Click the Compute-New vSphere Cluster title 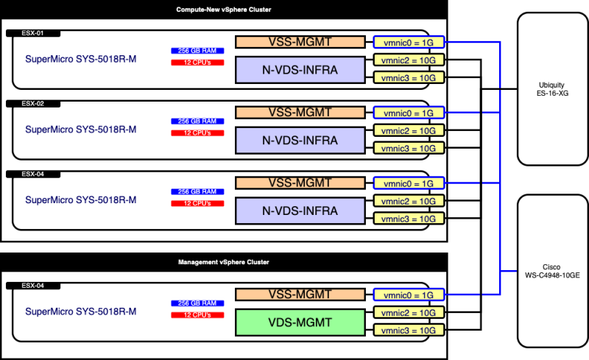(x=224, y=10)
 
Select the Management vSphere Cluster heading (x=224, y=262)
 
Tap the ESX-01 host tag (x=32, y=33)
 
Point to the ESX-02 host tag (x=32, y=104)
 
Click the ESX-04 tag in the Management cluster (x=32, y=285)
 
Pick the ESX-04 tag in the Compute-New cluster (x=32, y=174)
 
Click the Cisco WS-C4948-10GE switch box (x=553, y=269)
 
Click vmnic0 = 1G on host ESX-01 (x=409, y=42)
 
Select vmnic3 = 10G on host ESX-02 (x=409, y=148)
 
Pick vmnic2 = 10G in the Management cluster (x=409, y=312)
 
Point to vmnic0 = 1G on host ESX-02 (x=409, y=113)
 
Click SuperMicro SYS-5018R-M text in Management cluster (x=81, y=311)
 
